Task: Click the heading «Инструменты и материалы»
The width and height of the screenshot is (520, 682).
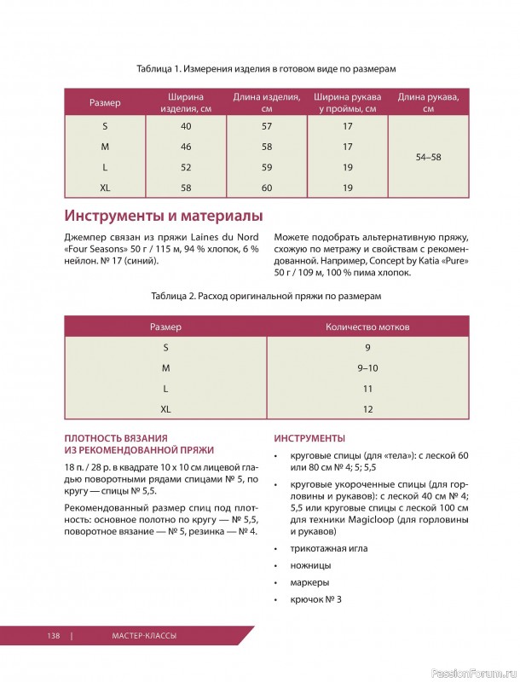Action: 163,215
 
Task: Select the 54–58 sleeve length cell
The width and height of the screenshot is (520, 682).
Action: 428,157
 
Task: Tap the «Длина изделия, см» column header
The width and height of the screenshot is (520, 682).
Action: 266,103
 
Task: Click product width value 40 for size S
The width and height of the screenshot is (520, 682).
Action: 186,126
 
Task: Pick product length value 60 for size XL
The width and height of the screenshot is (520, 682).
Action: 266,188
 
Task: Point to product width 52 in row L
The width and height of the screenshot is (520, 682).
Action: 186,167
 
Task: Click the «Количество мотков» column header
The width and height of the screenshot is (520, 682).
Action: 367,327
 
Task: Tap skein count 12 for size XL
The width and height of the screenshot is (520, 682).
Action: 367,409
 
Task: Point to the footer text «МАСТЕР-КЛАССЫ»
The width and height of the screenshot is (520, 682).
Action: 143,635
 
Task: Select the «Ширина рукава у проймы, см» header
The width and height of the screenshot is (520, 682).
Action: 347,103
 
